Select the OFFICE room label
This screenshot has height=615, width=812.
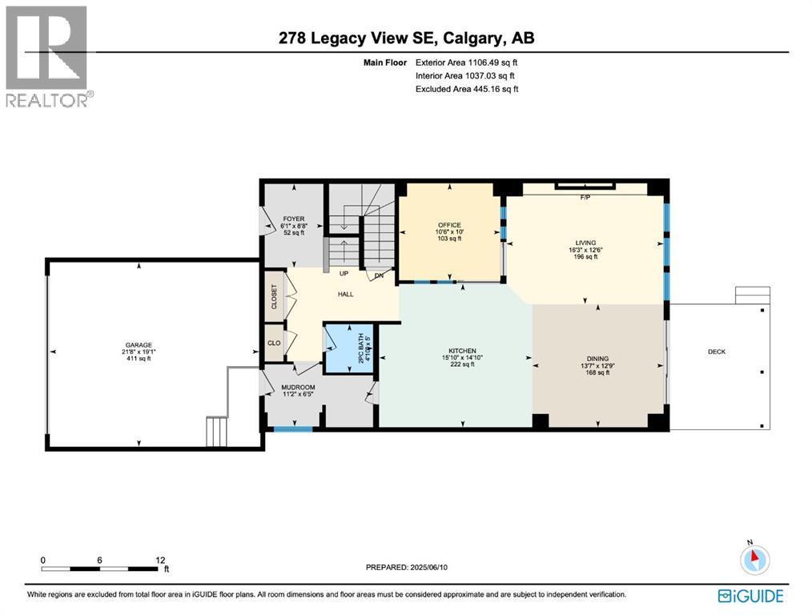[449, 225]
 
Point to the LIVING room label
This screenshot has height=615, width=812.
[587, 241]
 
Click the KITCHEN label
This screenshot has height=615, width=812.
[462, 351]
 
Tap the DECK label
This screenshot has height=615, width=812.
[716, 352]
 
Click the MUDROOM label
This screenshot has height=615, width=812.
[294, 386]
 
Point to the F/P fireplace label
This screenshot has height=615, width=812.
[585, 198]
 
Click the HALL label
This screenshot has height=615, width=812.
[345, 294]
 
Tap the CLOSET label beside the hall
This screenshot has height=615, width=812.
[274, 296]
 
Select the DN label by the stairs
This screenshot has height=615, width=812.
[380, 276]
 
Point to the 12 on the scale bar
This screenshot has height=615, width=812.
[160, 560]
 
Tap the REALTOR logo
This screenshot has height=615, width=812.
[49, 56]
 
